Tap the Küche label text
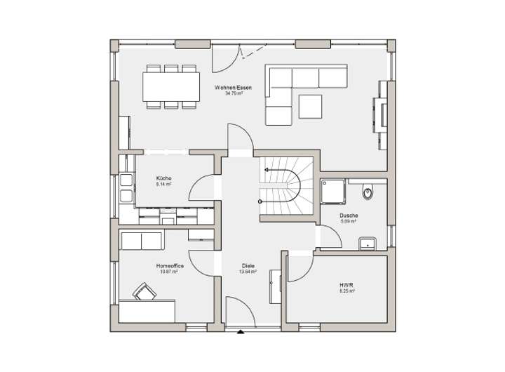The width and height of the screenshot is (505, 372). click(x=163, y=178)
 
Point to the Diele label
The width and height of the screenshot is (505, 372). click(x=248, y=265)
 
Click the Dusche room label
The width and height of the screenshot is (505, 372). click(x=349, y=215)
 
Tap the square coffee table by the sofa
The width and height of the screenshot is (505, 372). click(x=309, y=106)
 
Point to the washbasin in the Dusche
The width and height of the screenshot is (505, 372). click(x=368, y=244)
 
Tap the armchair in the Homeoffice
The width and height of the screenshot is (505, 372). click(x=145, y=291)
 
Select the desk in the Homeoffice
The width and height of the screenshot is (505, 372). click(x=147, y=312)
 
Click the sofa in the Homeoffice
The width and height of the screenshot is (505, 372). click(x=142, y=241)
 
